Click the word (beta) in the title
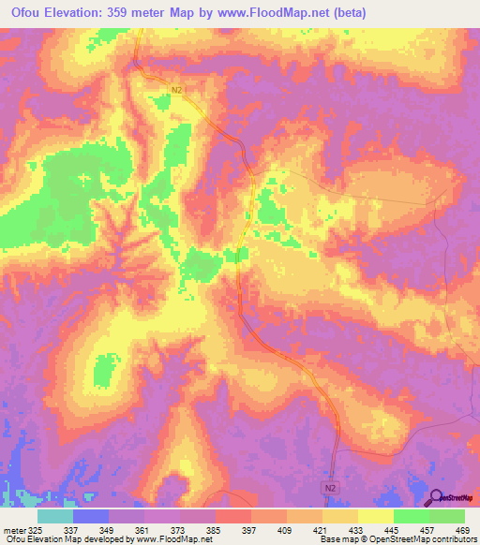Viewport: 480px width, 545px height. [344, 13]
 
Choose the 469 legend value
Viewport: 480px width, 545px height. [461, 530]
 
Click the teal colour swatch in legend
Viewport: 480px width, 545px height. [55, 516]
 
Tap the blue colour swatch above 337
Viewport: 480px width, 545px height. [91, 516]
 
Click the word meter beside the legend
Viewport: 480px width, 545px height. [13, 530]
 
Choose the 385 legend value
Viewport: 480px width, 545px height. [215, 530]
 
